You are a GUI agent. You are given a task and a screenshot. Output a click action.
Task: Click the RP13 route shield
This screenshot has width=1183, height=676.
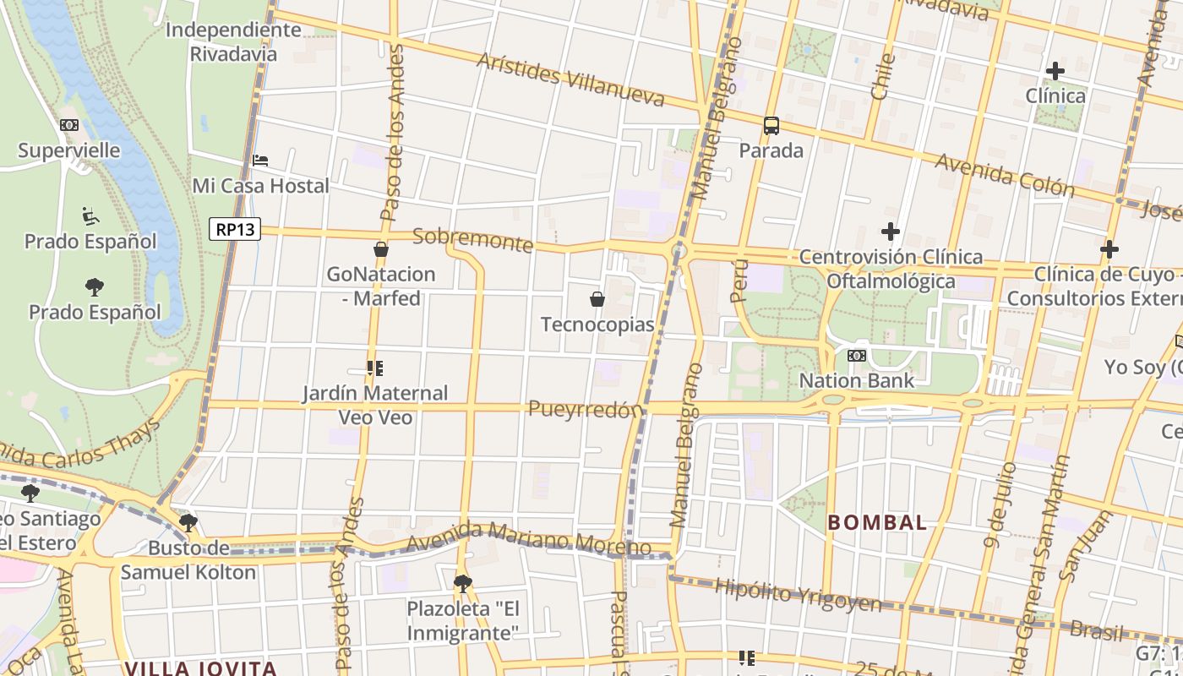pyautogui.click(x=235, y=229)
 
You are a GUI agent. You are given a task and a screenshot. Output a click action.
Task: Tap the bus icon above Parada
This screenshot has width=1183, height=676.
pyautogui.click(x=771, y=126)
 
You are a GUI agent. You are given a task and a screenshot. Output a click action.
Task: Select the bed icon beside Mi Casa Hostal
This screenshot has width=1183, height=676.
pyautogui.click(x=260, y=160)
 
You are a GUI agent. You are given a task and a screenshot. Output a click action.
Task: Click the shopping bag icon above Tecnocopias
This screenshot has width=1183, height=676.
pyautogui.click(x=597, y=299)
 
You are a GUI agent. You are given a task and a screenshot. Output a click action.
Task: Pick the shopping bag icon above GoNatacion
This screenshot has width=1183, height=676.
pyautogui.click(x=380, y=249)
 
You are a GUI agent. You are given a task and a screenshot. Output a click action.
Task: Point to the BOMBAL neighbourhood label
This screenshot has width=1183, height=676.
pyautogui.click(x=877, y=522)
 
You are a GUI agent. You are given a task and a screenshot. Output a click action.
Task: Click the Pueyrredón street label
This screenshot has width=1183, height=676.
pyautogui.click(x=585, y=410)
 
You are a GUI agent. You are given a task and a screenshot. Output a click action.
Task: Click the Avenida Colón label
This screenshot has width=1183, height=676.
pyautogui.click(x=1004, y=175)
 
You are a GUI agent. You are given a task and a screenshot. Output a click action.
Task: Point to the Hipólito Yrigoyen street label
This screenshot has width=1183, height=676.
pyautogui.click(x=798, y=595)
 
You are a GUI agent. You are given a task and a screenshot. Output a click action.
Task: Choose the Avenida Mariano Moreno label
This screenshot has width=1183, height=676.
pyautogui.click(x=528, y=539)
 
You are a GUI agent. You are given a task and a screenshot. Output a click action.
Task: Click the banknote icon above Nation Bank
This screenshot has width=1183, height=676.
pyautogui.click(x=857, y=356)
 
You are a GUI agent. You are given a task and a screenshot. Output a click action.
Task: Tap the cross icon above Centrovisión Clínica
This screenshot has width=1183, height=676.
pyautogui.click(x=890, y=231)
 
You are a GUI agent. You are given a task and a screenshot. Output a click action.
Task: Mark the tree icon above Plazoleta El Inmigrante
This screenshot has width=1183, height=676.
pyautogui.click(x=462, y=583)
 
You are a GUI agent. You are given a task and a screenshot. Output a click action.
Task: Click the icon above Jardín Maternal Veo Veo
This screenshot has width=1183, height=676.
pyautogui.click(x=375, y=368)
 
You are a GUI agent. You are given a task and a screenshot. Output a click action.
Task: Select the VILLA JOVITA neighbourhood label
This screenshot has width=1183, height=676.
pyautogui.click(x=201, y=668)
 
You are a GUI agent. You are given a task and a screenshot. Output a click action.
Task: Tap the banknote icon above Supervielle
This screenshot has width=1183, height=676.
pyautogui.click(x=69, y=125)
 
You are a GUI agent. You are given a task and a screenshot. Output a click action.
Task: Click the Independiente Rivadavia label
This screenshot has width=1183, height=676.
pyautogui.click(x=233, y=41)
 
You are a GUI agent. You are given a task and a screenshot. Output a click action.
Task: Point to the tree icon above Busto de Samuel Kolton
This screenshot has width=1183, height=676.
pyautogui.click(x=188, y=523)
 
